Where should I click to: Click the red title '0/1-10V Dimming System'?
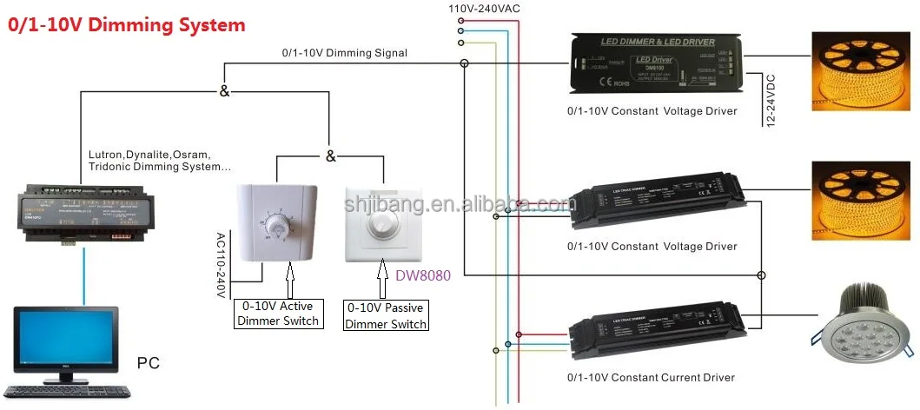[127, 25]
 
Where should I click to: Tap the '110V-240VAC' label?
[484, 8]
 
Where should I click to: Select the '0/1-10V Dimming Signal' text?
[344, 53]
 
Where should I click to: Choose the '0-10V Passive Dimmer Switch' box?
[386, 315]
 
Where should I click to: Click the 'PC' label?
[149, 362]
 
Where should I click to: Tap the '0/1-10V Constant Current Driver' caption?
[651, 378]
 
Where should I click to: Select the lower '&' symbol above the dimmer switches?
[330, 156]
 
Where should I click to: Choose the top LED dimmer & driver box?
[656, 64]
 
